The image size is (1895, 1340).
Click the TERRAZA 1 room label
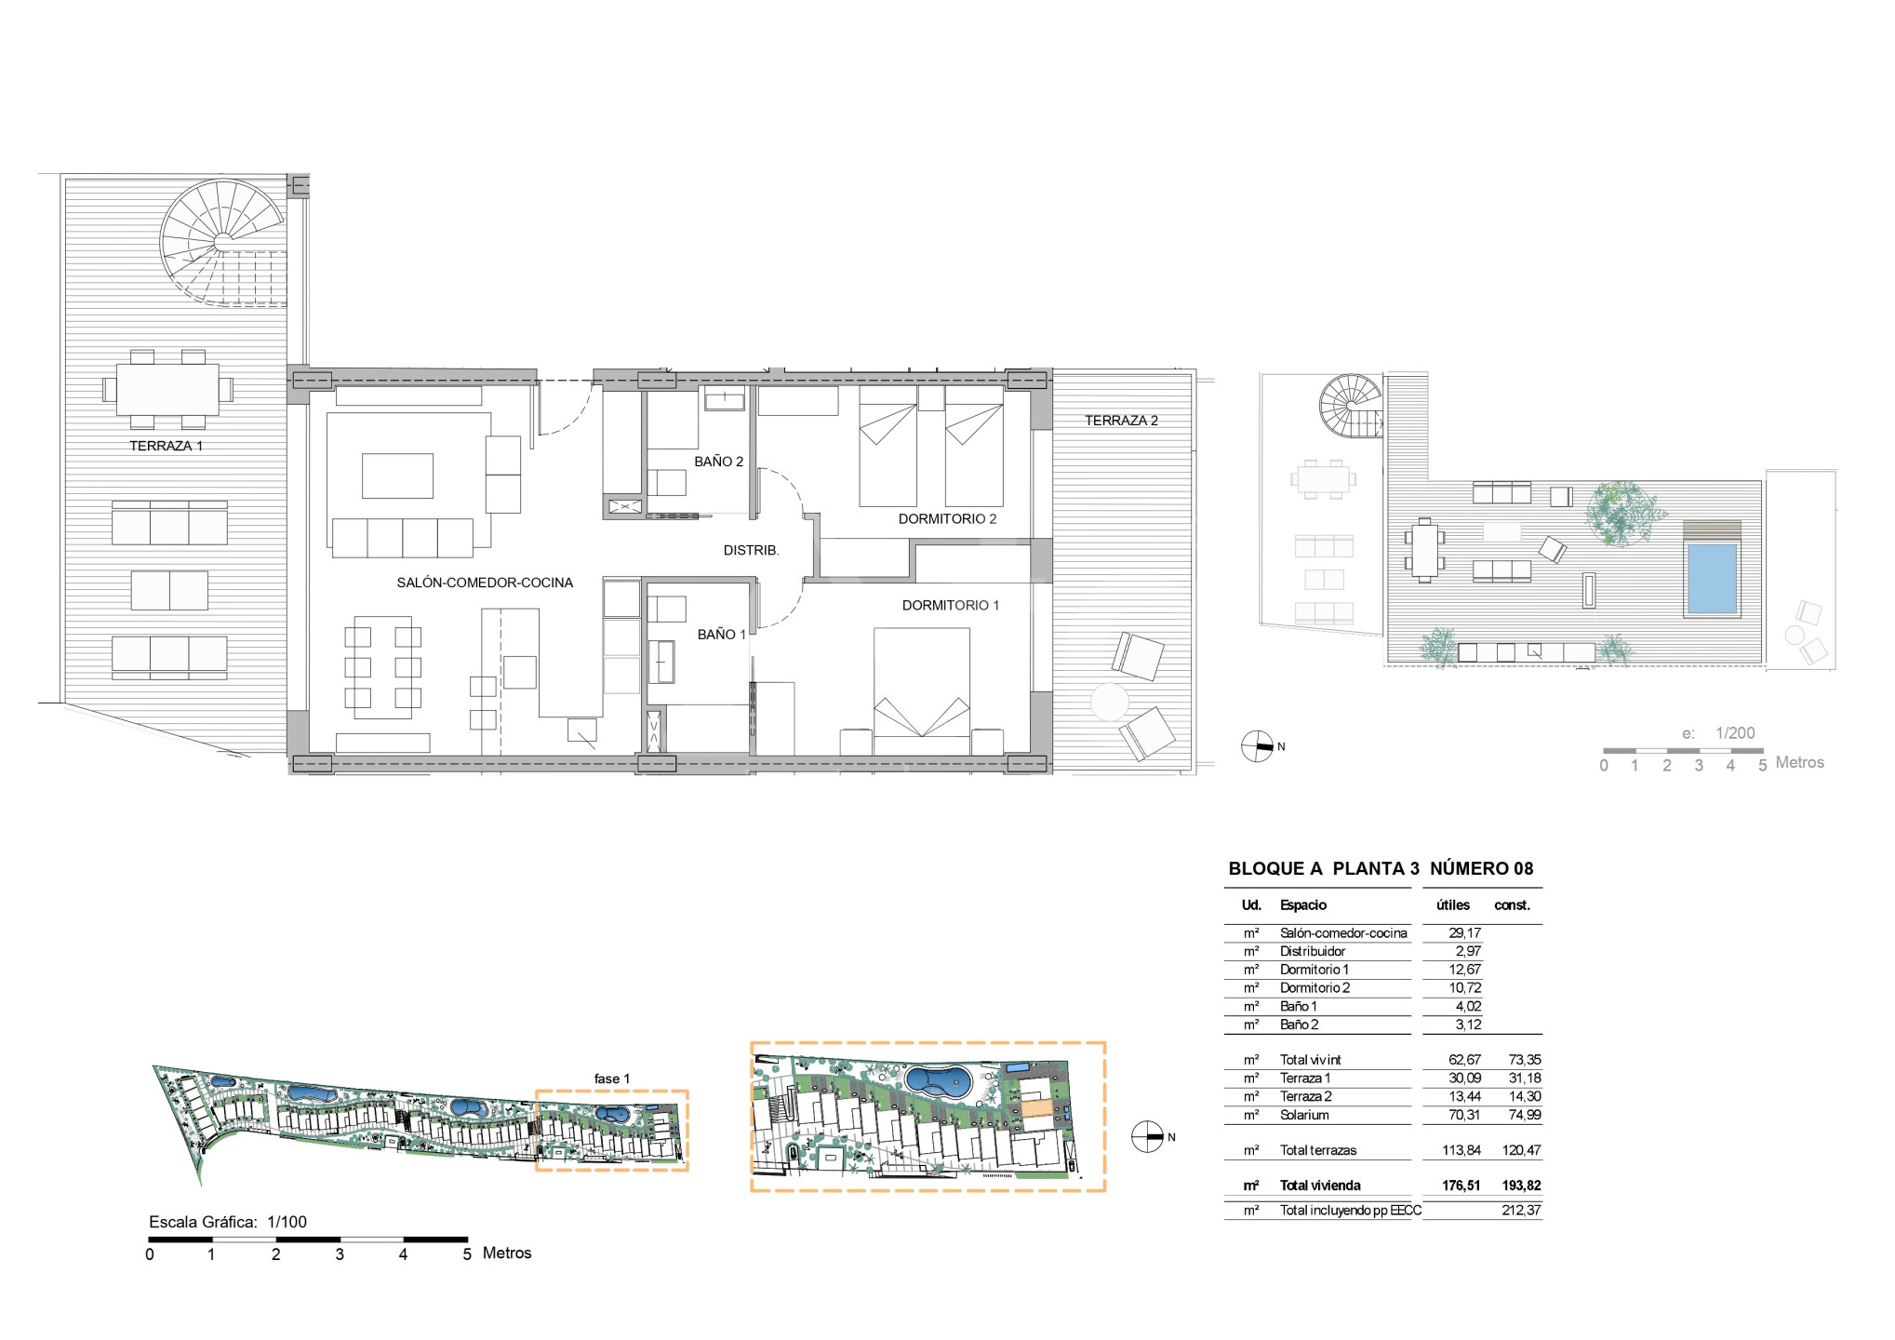tap(166, 446)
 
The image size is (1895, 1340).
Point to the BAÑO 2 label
tap(719, 462)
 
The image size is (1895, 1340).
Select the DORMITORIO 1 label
tap(951, 605)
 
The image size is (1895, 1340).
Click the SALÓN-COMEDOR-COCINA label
tap(485, 583)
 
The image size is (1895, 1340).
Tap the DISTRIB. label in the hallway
tap(751, 550)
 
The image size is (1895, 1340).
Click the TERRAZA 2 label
tap(1121, 421)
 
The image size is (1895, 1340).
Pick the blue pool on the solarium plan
tap(1712, 579)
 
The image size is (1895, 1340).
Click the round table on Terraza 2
tap(1109, 702)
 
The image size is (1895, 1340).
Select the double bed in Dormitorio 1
tap(922, 690)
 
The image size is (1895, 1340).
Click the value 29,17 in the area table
tap(1465, 932)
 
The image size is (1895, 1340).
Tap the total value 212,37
tap(1521, 1211)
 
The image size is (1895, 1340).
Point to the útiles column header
tap(1453, 904)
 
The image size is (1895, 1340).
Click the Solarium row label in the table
tap(1304, 1115)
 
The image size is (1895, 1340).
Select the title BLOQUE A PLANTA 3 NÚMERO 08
tap(1381, 868)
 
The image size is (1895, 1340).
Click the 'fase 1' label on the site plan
tap(612, 1079)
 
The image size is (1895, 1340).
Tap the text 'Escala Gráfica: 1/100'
tap(228, 1222)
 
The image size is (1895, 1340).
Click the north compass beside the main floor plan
tap(1257, 746)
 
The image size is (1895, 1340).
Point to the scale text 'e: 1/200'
tap(1718, 733)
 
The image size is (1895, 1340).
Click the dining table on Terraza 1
tap(167, 389)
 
